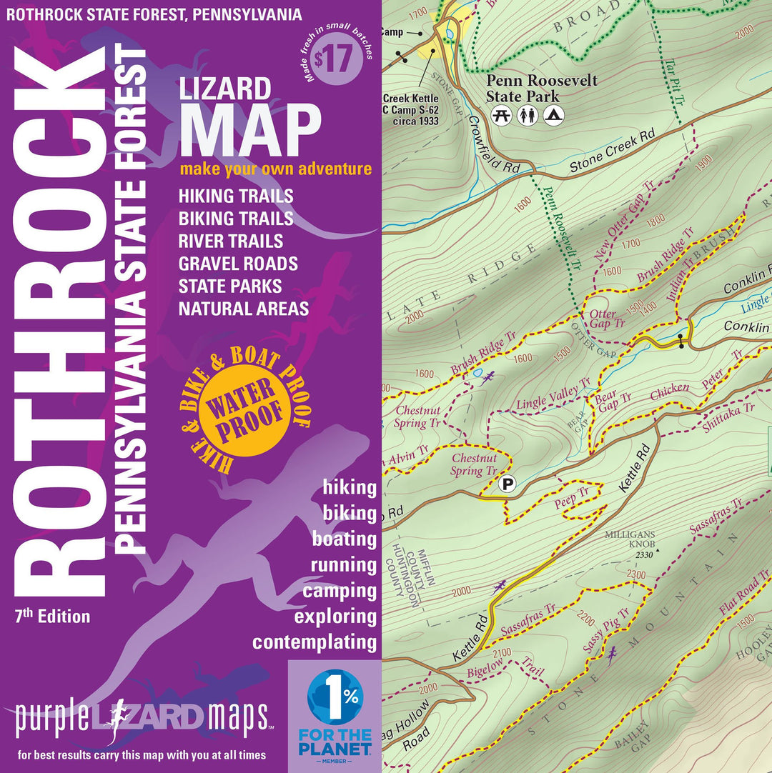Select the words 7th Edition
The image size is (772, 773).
tap(51, 616)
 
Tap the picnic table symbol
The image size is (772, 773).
tap(503, 114)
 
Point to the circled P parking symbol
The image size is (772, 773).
tap(508, 484)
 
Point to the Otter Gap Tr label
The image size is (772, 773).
tap(607, 318)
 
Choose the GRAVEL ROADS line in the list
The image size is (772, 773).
tap(238, 264)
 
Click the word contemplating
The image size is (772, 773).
tap(314, 642)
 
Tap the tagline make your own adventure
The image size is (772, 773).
tap(275, 169)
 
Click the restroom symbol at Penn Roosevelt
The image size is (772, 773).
tap(528, 114)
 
